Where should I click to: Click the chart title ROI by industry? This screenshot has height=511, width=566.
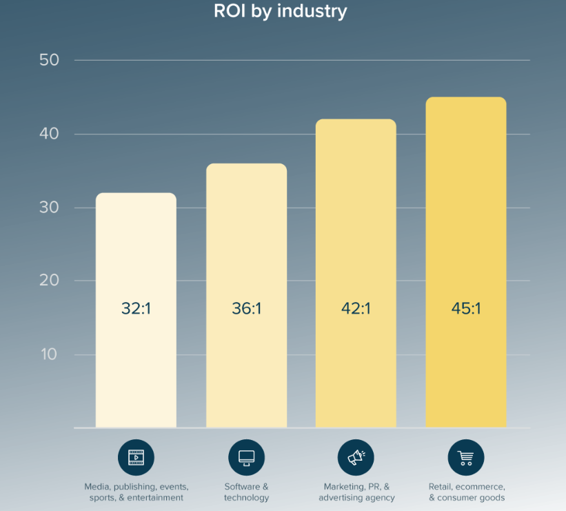(x=281, y=12)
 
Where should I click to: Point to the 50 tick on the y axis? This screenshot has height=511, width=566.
(x=49, y=60)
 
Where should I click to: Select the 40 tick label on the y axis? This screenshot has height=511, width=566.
(x=49, y=134)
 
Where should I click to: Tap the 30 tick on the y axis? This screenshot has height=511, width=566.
(x=49, y=208)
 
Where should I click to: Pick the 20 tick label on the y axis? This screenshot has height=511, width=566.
(x=49, y=281)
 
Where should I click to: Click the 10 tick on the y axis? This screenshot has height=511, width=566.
(x=49, y=354)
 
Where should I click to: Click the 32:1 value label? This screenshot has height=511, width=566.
(x=136, y=308)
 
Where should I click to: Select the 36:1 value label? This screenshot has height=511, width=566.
(x=246, y=308)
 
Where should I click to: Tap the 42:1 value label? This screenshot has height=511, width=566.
(x=356, y=308)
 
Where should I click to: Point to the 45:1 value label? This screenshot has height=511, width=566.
(x=466, y=308)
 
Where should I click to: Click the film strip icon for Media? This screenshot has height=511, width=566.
(x=136, y=457)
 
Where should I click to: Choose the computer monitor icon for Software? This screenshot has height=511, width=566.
(x=246, y=457)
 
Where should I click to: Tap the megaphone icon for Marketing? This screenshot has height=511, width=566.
(x=356, y=457)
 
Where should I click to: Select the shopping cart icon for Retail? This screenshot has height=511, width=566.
(x=466, y=457)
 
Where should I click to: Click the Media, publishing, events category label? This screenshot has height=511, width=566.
(x=136, y=492)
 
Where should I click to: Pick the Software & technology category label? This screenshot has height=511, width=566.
(x=246, y=492)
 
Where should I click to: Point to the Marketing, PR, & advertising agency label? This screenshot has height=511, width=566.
(x=356, y=492)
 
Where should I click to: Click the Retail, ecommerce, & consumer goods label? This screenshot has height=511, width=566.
(x=467, y=492)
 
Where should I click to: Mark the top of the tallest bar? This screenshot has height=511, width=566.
(x=466, y=98)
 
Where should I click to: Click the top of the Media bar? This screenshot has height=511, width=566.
(x=136, y=194)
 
